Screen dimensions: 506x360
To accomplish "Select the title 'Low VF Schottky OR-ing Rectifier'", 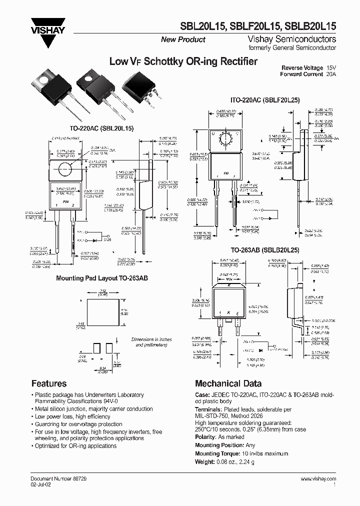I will pyautogui.click(x=183, y=61).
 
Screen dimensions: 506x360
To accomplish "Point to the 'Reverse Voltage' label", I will pyautogui.click(x=302, y=67).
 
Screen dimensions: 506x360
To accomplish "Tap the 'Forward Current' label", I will pyautogui.click(x=302, y=74).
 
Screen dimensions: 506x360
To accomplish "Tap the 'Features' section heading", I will pyautogui.click(x=49, y=383).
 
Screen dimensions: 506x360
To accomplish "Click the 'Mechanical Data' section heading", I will pyautogui.click(x=228, y=383).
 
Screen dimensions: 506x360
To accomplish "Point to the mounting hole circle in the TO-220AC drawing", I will pyautogui.click(x=65, y=168).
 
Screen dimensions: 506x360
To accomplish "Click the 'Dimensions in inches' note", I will pyautogui.click(x=151, y=339).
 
